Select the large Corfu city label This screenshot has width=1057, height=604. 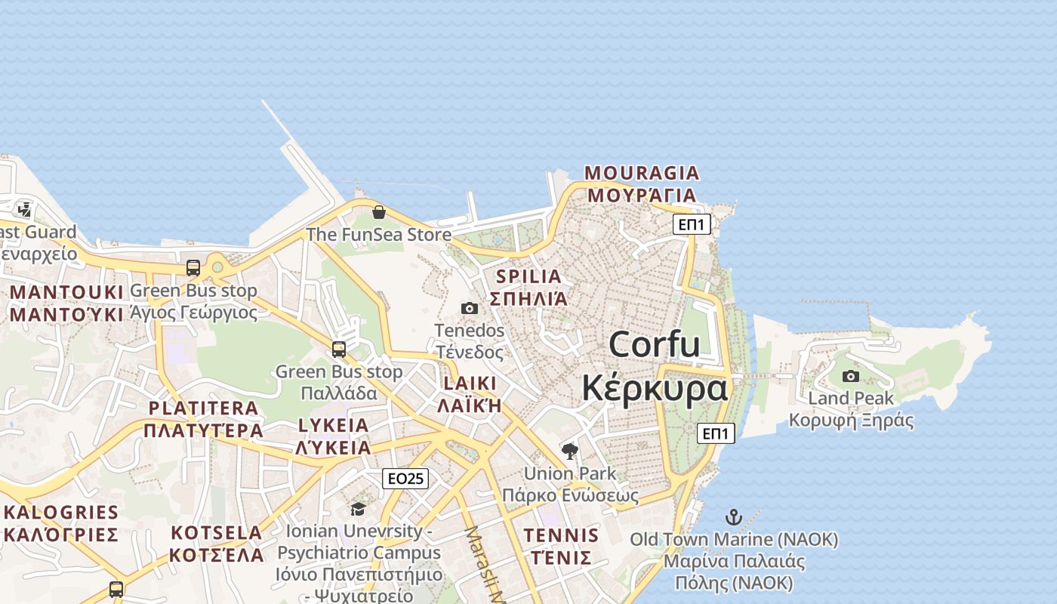click(x=655, y=366)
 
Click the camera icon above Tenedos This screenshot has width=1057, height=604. click(x=470, y=308)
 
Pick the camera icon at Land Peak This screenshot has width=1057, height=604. click(x=851, y=376)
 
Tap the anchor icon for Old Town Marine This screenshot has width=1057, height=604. click(x=734, y=517)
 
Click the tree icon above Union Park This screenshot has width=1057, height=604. click(x=570, y=451)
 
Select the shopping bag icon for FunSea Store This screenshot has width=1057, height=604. click(x=379, y=212)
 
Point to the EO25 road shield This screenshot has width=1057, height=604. click(x=405, y=478)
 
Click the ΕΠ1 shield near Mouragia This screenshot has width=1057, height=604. click(x=692, y=224)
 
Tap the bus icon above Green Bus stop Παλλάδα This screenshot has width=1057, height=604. click(x=339, y=350)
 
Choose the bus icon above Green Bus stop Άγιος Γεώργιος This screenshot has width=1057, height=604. click(x=193, y=268)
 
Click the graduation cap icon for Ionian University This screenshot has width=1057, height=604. click(x=358, y=509)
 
